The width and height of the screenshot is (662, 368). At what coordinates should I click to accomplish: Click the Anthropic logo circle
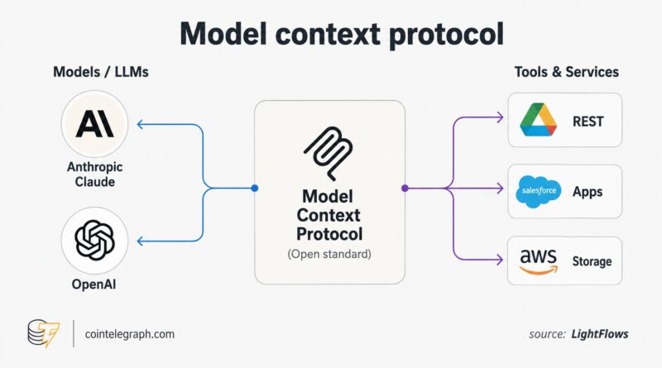click(x=94, y=124)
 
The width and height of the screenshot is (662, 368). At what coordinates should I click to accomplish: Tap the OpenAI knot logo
click(x=94, y=240)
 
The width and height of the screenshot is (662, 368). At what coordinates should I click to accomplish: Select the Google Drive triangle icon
click(x=539, y=119)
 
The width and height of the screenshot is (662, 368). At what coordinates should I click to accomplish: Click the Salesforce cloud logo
click(x=539, y=192)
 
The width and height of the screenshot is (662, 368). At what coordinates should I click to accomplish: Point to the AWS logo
click(x=539, y=261)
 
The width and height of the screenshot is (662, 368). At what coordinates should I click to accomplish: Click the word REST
click(x=588, y=122)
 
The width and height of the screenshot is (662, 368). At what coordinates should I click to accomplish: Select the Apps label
click(x=588, y=192)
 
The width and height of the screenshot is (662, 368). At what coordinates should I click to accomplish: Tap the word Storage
click(x=592, y=261)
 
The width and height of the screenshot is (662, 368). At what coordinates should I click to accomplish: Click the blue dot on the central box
click(x=255, y=189)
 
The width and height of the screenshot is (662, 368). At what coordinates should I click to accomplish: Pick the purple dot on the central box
click(x=405, y=189)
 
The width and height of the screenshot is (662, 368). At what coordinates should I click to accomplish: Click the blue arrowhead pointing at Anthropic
click(x=141, y=124)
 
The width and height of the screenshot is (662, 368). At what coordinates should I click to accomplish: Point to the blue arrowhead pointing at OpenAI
click(x=141, y=241)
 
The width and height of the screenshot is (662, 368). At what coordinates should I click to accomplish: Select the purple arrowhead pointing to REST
click(x=500, y=117)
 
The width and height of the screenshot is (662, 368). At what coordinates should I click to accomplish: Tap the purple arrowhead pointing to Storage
click(x=500, y=260)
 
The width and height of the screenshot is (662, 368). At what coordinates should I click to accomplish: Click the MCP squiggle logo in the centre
click(x=329, y=153)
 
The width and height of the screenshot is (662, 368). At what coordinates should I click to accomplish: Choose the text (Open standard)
click(x=329, y=254)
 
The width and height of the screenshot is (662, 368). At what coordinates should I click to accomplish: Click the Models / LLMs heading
click(x=101, y=72)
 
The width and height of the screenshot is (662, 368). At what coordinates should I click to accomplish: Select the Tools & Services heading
click(x=567, y=72)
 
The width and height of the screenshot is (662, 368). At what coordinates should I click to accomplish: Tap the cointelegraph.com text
click(x=130, y=334)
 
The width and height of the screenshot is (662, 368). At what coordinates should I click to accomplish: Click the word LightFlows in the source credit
click(x=599, y=334)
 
